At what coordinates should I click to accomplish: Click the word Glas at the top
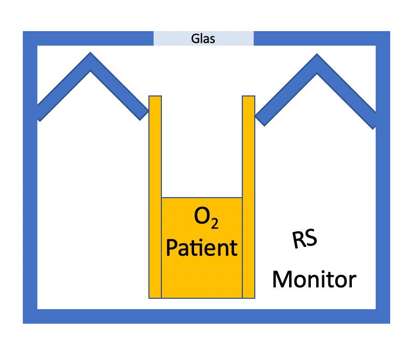(x=203, y=38)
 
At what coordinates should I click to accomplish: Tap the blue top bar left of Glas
(x=88, y=38)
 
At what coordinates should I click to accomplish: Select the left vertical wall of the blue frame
(x=30, y=207)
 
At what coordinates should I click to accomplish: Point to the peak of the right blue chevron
(x=317, y=62)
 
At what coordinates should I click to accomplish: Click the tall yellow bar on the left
(x=155, y=197)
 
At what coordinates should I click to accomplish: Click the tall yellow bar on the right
(x=249, y=197)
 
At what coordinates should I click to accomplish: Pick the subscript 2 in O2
(x=214, y=225)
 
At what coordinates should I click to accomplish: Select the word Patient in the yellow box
(x=201, y=247)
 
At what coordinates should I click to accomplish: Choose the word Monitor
(x=314, y=280)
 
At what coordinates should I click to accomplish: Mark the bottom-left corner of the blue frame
(x=30, y=316)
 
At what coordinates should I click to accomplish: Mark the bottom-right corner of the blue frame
(x=382, y=316)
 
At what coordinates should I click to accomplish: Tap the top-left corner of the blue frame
(x=30, y=38)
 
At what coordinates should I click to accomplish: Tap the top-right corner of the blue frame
(x=382, y=38)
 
